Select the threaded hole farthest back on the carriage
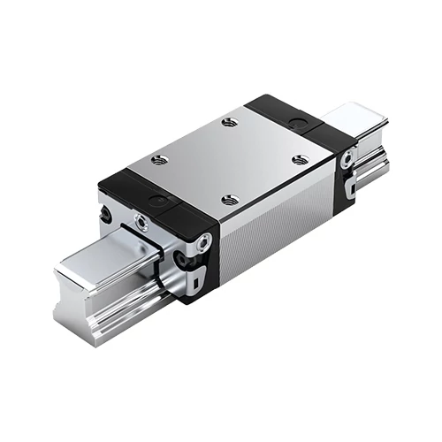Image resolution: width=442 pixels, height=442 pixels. pyautogui.click(x=231, y=122)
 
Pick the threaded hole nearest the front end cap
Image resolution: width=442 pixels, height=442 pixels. pyautogui.click(x=230, y=200)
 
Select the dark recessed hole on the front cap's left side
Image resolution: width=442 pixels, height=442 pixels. pyautogui.click(x=108, y=215)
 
